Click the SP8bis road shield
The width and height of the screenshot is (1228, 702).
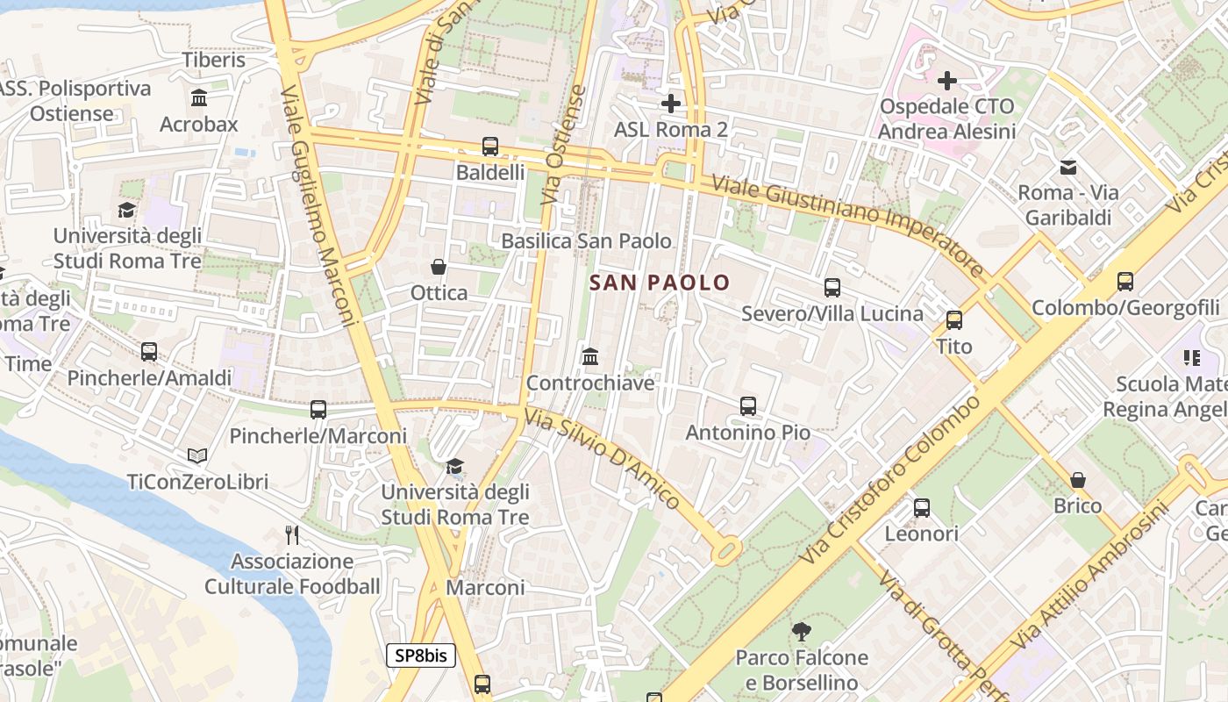point(421,655)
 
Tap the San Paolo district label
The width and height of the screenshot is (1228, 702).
point(660,283)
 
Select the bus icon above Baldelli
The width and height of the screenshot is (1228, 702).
point(490,147)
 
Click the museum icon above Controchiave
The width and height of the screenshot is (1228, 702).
point(590,357)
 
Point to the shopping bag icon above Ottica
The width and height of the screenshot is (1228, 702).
point(439,267)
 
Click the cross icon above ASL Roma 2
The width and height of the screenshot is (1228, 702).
point(671,104)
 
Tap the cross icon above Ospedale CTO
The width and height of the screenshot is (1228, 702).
point(947,82)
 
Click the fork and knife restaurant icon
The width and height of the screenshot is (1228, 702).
point(293,534)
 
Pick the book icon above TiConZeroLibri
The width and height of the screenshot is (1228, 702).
point(197,456)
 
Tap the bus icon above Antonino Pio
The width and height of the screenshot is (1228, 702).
point(748,406)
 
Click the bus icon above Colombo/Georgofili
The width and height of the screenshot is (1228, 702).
point(1125,282)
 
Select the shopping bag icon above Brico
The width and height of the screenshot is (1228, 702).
point(1078,480)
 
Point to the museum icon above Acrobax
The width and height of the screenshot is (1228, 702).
point(199,97)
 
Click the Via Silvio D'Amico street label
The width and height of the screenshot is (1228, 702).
point(602,459)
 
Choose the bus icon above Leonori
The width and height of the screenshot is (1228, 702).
point(922,507)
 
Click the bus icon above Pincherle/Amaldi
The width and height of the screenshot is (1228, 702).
point(149,352)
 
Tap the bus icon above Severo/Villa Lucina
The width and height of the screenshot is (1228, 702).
point(832,287)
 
